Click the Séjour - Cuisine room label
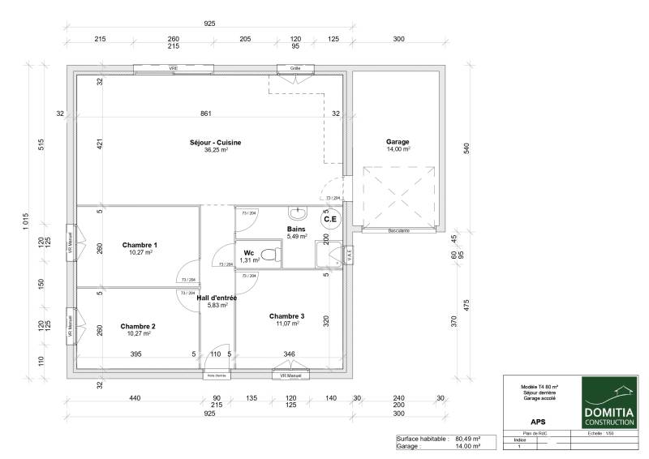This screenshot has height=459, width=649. click(215, 142)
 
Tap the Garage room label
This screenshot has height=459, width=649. click(398, 142)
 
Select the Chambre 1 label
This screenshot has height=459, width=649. click(140, 245)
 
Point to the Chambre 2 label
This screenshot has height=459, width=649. click(138, 326)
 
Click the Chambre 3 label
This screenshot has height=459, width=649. click(286, 315)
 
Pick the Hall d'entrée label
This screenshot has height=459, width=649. click(217, 298)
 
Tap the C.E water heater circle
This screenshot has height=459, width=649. click(331, 219)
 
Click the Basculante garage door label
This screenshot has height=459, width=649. click(398, 231)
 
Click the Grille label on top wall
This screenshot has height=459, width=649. click(295, 69)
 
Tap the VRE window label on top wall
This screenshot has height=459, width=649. click(174, 69)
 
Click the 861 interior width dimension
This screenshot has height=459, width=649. click(206, 114)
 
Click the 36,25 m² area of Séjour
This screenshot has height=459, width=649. click(216, 150)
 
